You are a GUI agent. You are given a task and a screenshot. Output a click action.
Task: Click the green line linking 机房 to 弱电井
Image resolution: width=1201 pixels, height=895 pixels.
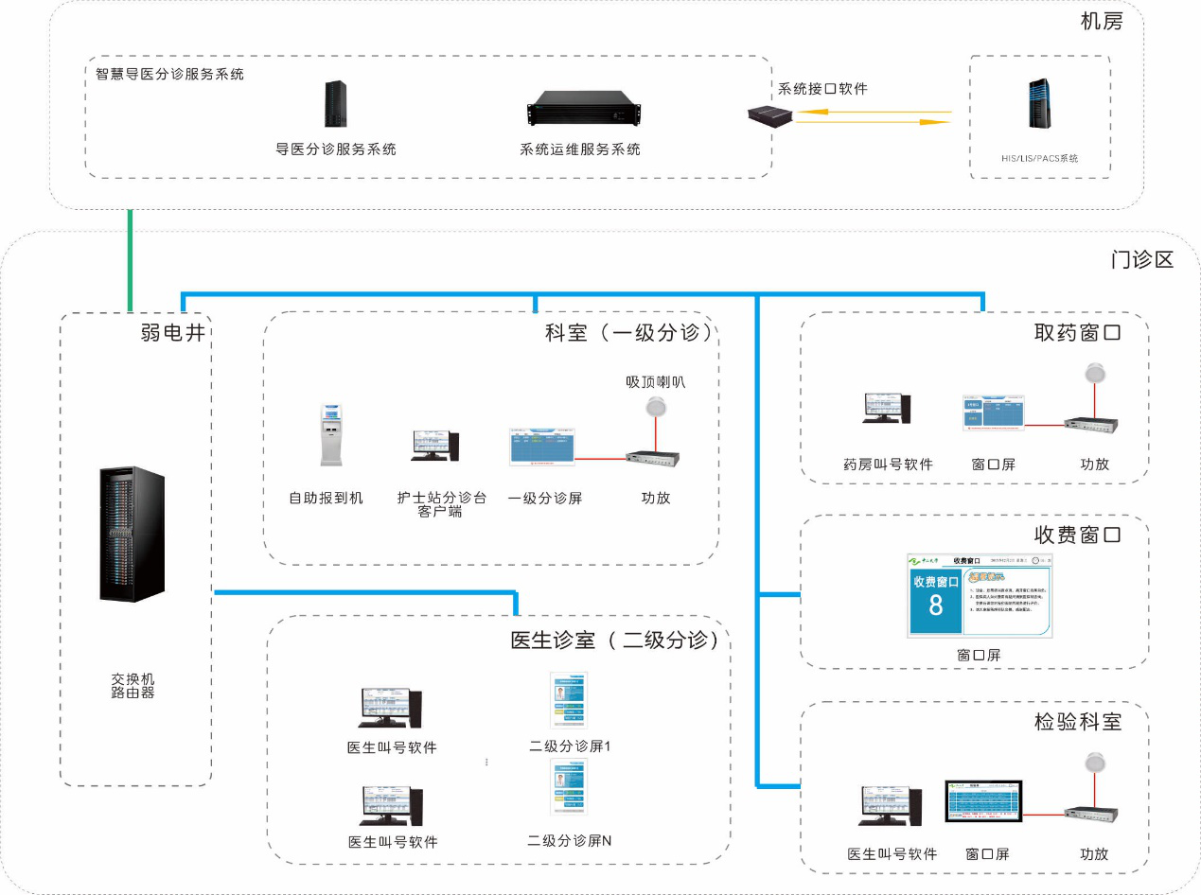[131, 260]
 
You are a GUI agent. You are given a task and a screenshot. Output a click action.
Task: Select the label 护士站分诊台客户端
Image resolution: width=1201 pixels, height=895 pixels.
[442, 504]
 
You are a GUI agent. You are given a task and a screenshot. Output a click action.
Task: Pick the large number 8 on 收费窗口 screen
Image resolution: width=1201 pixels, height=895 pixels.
[935, 605]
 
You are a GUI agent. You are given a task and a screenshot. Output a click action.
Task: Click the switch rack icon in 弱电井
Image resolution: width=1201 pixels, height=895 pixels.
[132, 534]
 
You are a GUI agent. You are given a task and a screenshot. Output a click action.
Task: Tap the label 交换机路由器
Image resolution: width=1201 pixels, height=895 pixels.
[132, 686]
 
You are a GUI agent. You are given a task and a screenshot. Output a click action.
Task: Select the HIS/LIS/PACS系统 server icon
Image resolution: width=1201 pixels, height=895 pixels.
[1040, 105]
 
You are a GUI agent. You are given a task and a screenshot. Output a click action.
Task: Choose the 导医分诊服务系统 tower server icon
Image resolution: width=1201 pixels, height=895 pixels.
[336, 104]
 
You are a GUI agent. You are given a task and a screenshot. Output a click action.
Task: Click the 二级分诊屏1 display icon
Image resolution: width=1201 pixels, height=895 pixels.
[570, 701]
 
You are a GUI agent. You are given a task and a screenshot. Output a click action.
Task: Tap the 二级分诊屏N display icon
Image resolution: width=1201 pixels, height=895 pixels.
[570, 788]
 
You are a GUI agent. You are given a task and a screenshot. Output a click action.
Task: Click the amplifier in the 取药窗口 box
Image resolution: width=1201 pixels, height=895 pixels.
[1088, 428]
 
